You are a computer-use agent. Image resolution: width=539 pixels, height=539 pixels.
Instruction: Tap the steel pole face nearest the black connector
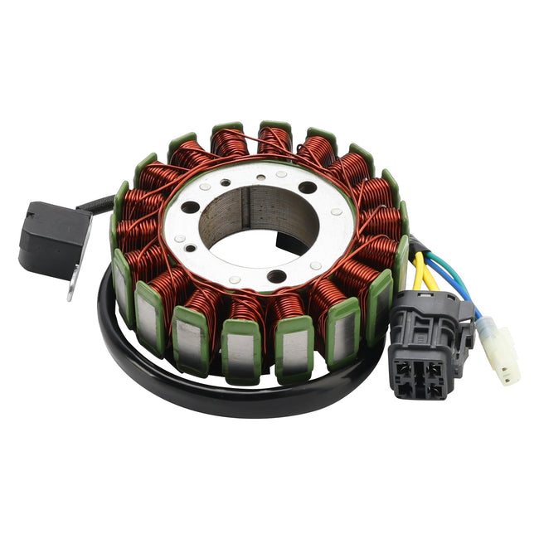[x=378, y=299]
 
